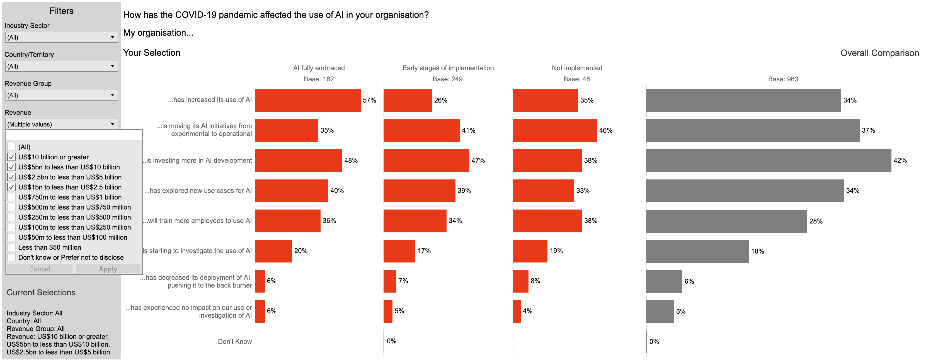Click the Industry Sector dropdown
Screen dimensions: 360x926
click(61, 37)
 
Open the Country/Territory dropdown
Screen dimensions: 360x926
click(61, 67)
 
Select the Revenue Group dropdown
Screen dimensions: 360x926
click(61, 96)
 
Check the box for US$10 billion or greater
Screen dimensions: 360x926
click(11, 157)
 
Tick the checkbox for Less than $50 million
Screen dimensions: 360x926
click(11, 247)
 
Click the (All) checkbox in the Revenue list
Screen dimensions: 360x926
click(11, 147)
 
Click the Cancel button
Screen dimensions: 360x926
click(40, 269)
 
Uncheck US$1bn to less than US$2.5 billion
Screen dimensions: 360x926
click(11, 187)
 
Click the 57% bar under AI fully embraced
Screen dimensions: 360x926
click(307, 101)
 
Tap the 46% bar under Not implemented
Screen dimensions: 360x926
click(555, 131)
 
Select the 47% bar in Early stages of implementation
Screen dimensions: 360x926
click(426, 160)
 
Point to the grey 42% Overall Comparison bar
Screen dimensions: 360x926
click(768, 160)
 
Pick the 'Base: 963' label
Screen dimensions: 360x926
click(783, 79)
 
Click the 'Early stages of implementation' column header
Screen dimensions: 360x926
click(448, 68)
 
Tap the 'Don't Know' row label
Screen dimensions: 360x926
click(235, 341)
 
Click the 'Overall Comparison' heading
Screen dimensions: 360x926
click(879, 53)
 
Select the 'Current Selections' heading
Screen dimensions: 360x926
click(41, 293)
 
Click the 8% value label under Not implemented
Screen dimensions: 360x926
click(535, 281)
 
